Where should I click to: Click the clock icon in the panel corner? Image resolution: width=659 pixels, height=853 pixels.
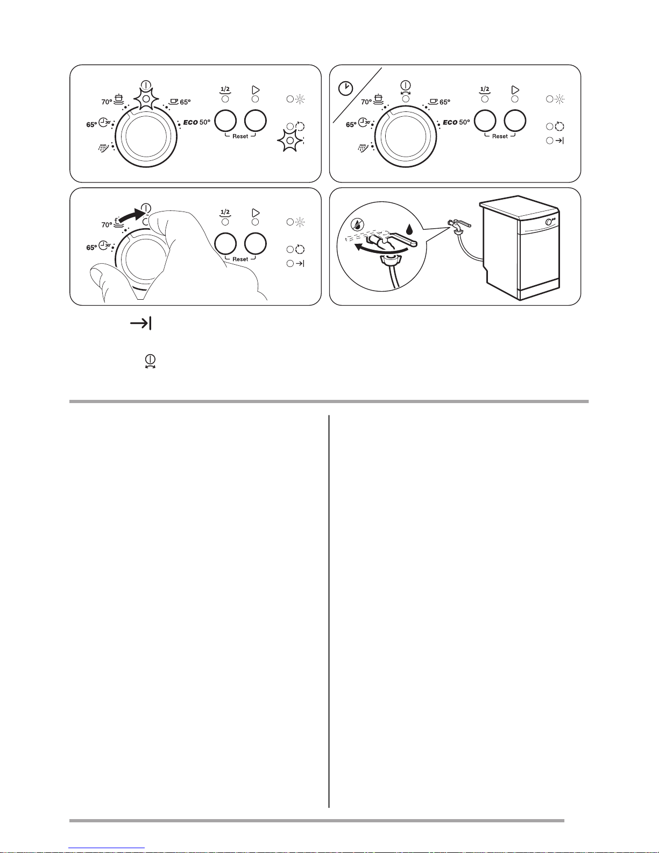click(x=345, y=88)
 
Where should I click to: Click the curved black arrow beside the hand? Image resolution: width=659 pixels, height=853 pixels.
click(x=131, y=216)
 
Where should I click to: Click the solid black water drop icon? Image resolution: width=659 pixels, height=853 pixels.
click(x=409, y=229)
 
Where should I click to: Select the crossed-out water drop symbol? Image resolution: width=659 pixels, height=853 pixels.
click(x=358, y=224)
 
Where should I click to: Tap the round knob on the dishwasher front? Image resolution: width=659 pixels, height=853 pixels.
click(x=548, y=222)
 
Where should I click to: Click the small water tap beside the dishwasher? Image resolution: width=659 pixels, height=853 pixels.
click(x=458, y=226)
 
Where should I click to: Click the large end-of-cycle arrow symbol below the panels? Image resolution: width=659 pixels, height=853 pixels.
click(x=141, y=324)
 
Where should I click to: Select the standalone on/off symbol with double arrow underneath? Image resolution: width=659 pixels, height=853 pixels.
click(x=150, y=362)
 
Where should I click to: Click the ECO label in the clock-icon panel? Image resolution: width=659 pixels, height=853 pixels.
click(x=450, y=123)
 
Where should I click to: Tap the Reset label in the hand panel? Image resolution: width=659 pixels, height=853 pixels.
click(x=240, y=259)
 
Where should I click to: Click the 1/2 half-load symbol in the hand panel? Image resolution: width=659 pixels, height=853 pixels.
click(x=225, y=213)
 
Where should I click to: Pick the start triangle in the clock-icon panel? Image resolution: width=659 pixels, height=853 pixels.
click(x=515, y=90)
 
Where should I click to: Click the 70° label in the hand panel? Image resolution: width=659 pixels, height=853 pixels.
click(x=107, y=225)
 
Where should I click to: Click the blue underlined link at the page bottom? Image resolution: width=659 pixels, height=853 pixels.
click(x=107, y=848)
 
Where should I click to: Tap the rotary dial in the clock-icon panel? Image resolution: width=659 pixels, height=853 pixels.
click(x=406, y=137)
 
